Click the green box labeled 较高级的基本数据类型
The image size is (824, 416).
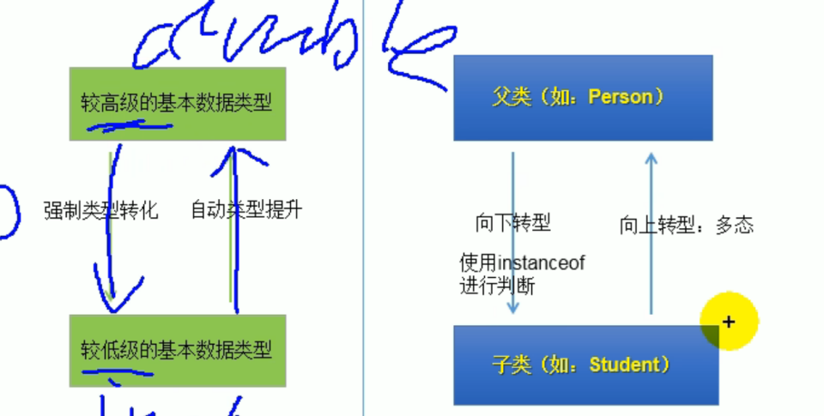click(178, 103)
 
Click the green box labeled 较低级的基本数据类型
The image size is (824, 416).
click(178, 350)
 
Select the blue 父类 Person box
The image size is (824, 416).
click(583, 98)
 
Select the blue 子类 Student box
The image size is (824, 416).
click(585, 365)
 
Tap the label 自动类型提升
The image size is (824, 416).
click(246, 210)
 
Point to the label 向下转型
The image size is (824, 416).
click(512, 224)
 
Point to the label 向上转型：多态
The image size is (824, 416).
click(686, 226)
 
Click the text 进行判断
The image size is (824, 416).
click(497, 286)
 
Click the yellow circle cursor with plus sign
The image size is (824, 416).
click(729, 323)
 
